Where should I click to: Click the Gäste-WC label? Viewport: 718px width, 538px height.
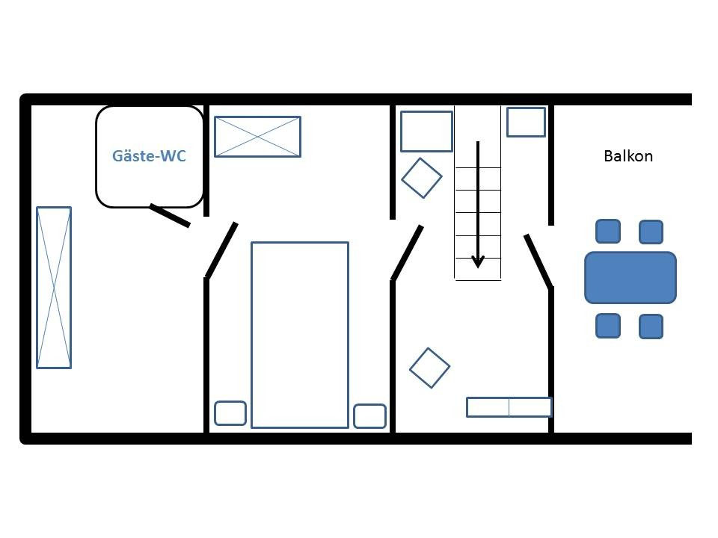[149, 156]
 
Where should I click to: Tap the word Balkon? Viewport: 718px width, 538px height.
[628, 156]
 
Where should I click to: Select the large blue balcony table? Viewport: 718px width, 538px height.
[630, 278]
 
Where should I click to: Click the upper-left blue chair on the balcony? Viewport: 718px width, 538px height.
[608, 232]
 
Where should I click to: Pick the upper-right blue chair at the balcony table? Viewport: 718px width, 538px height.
[651, 232]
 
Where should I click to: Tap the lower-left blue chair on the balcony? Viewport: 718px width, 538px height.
[608, 326]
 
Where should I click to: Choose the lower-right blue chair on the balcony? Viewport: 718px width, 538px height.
[651, 327]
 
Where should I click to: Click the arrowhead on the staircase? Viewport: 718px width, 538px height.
[478, 262]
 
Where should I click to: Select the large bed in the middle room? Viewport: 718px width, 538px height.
[300, 335]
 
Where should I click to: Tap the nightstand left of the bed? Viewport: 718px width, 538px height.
[230, 413]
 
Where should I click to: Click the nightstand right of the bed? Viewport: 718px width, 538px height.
[370, 416]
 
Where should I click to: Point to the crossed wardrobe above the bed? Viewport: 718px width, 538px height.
[258, 137]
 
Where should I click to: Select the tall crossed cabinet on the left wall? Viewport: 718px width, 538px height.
[54, 287]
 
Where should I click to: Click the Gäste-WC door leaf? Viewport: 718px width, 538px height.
[170, 215]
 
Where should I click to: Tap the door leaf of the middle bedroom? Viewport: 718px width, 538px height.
[221, 250]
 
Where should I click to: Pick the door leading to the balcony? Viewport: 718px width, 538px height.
[538, 262]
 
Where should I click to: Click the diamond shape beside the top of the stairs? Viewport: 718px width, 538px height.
[422, 178]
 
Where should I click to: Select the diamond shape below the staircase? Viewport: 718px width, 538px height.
[429, 368]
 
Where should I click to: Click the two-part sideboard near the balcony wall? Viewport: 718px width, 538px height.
[509, 407]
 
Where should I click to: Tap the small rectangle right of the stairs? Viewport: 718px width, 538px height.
[526, 122]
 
